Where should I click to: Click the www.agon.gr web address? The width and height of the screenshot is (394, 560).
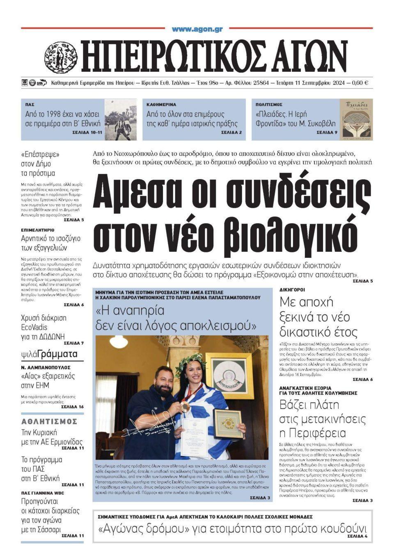tap(197, 29)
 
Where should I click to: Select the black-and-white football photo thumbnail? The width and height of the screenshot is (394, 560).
tap(120, 119)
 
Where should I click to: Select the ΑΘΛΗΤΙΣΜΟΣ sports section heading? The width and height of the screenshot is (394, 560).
tap(49, 421)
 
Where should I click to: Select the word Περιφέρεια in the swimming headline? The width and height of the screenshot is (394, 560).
tap(313, 433)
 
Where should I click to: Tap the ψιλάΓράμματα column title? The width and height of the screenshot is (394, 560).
tap(49, 354)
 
